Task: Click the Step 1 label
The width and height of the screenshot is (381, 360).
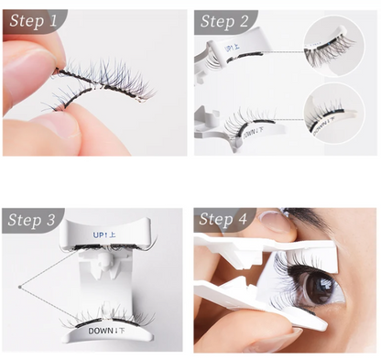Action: (x=34, y=20)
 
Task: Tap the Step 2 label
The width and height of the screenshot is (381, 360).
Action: (x=225, y=20)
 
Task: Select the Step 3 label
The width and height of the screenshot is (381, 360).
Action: (x=34, y=220)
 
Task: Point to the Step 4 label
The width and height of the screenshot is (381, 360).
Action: (x=225, y=220)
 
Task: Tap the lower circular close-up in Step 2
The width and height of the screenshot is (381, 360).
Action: (x=335, y=115)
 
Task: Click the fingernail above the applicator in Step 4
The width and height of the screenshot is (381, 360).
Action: (x=272, y=221)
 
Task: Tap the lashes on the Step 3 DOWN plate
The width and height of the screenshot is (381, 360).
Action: (x=101, y=315)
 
